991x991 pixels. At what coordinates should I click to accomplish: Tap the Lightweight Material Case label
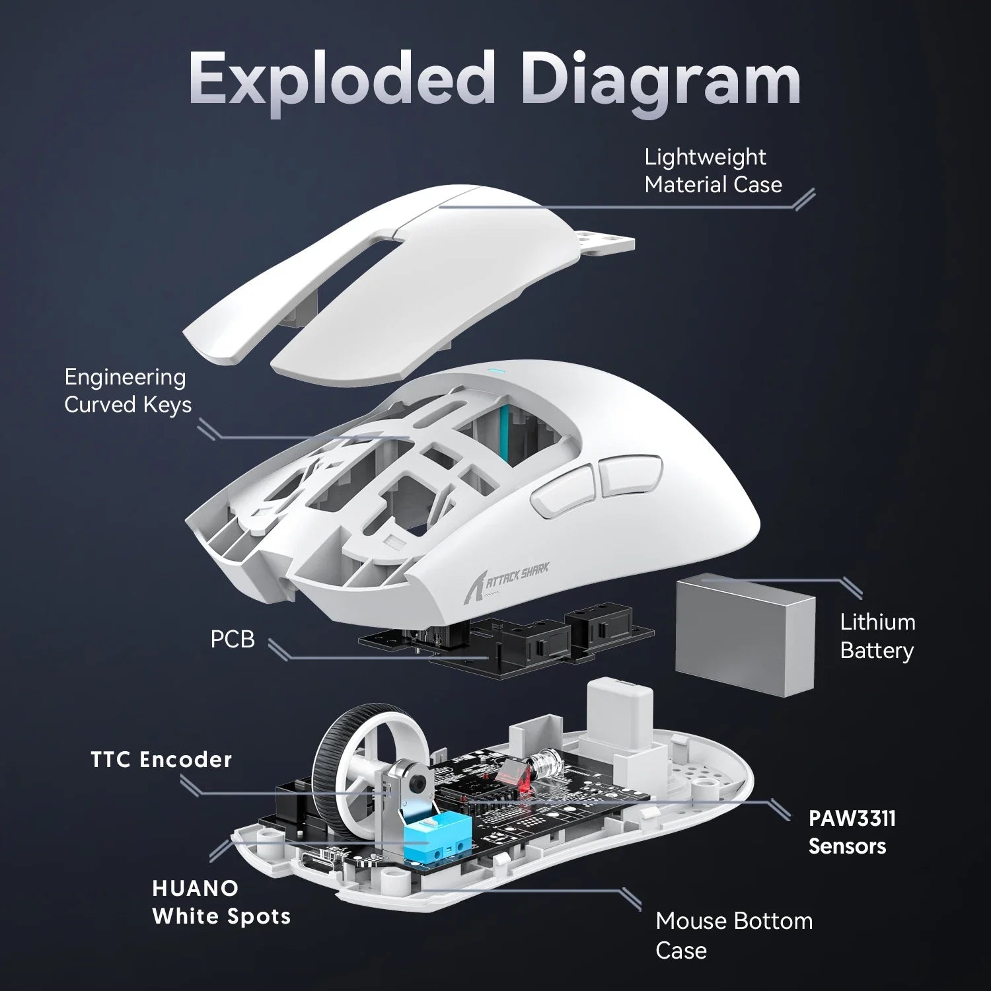point(713,171)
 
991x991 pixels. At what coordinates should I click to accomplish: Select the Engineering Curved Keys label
point(128,390)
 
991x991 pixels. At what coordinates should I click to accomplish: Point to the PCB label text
point(232,640)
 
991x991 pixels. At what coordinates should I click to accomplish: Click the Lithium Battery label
point(877,636)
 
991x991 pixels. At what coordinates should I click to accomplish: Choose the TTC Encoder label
point(161,760)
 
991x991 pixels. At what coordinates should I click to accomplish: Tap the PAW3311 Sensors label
point(852,832)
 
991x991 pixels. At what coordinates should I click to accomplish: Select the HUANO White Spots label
point(221,902)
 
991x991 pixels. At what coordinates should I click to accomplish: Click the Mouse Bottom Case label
point(733,935)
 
